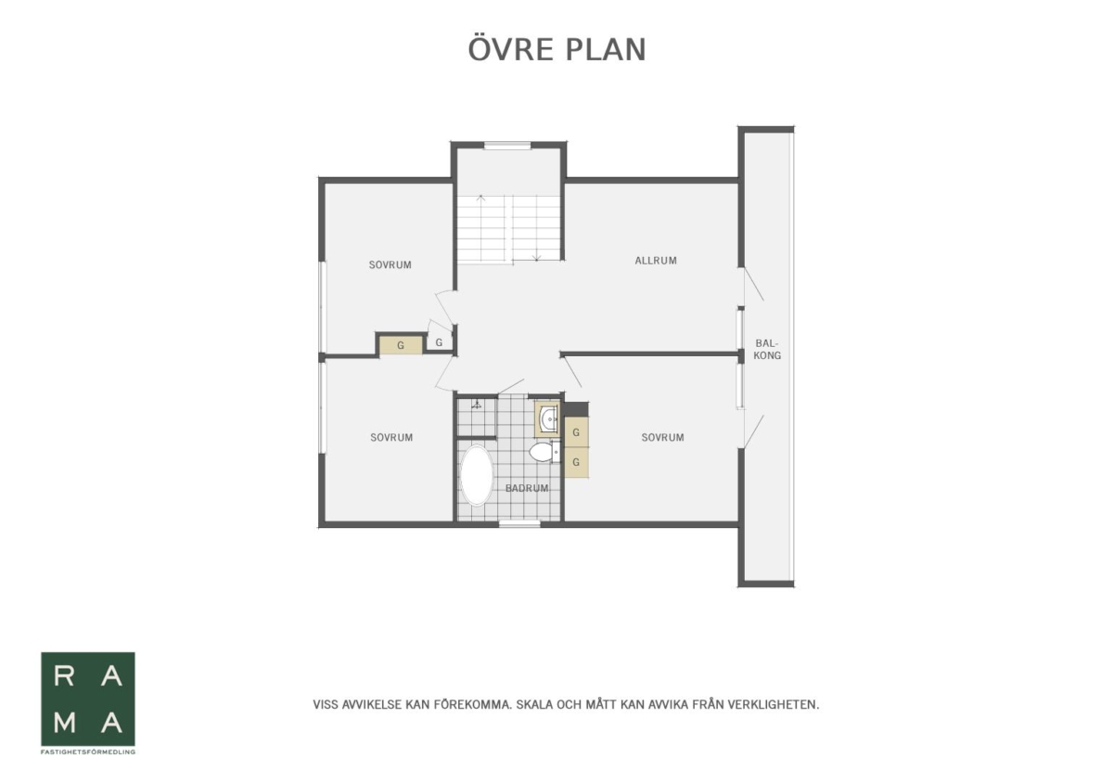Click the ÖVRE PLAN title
557,49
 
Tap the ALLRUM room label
656,261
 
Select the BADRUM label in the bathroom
527,488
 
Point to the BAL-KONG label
767,349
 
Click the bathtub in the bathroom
477,475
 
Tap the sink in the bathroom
549,419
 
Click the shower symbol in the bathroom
477,405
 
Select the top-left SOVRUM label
390,265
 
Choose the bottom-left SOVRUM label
391,437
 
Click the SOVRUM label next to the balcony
662,437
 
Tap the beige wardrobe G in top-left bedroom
401,345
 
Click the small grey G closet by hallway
440,342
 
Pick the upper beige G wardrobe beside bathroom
576,432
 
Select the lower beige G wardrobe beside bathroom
576,462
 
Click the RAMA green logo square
88,699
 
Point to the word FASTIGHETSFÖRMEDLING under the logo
88,752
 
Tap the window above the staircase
508,145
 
